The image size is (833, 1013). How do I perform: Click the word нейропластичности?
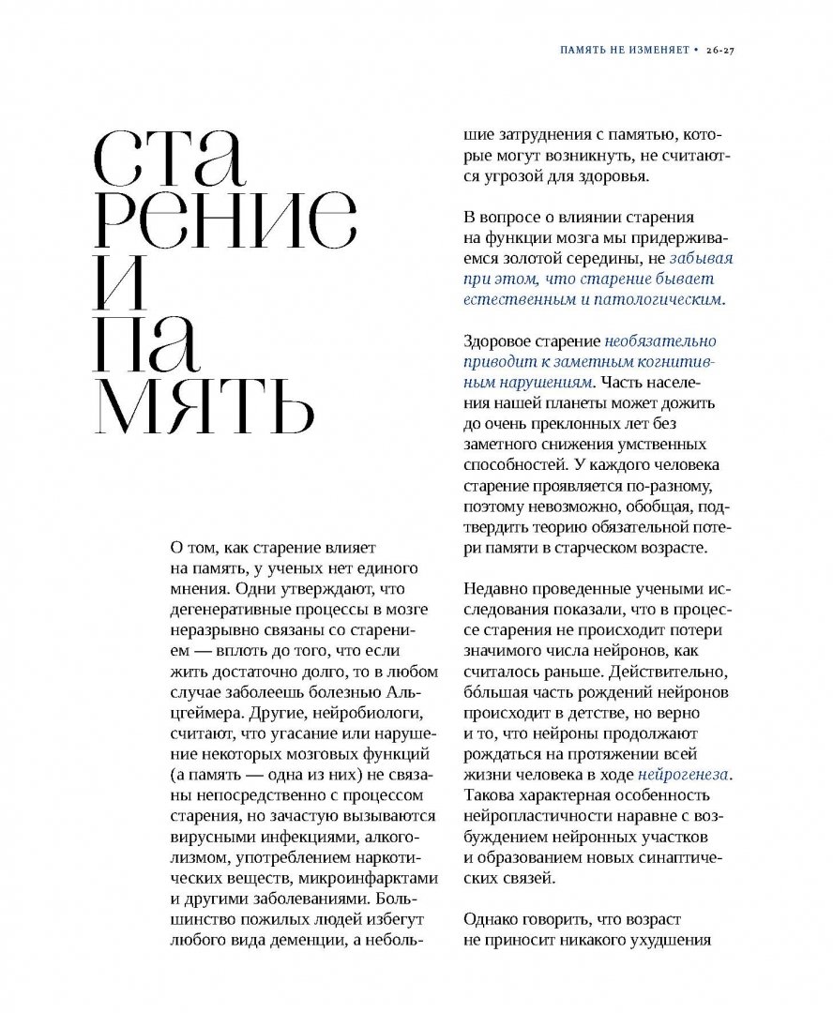[538, 817]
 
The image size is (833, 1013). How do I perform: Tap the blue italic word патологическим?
[670, 300]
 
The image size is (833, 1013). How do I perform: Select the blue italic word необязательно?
[661, 341]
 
